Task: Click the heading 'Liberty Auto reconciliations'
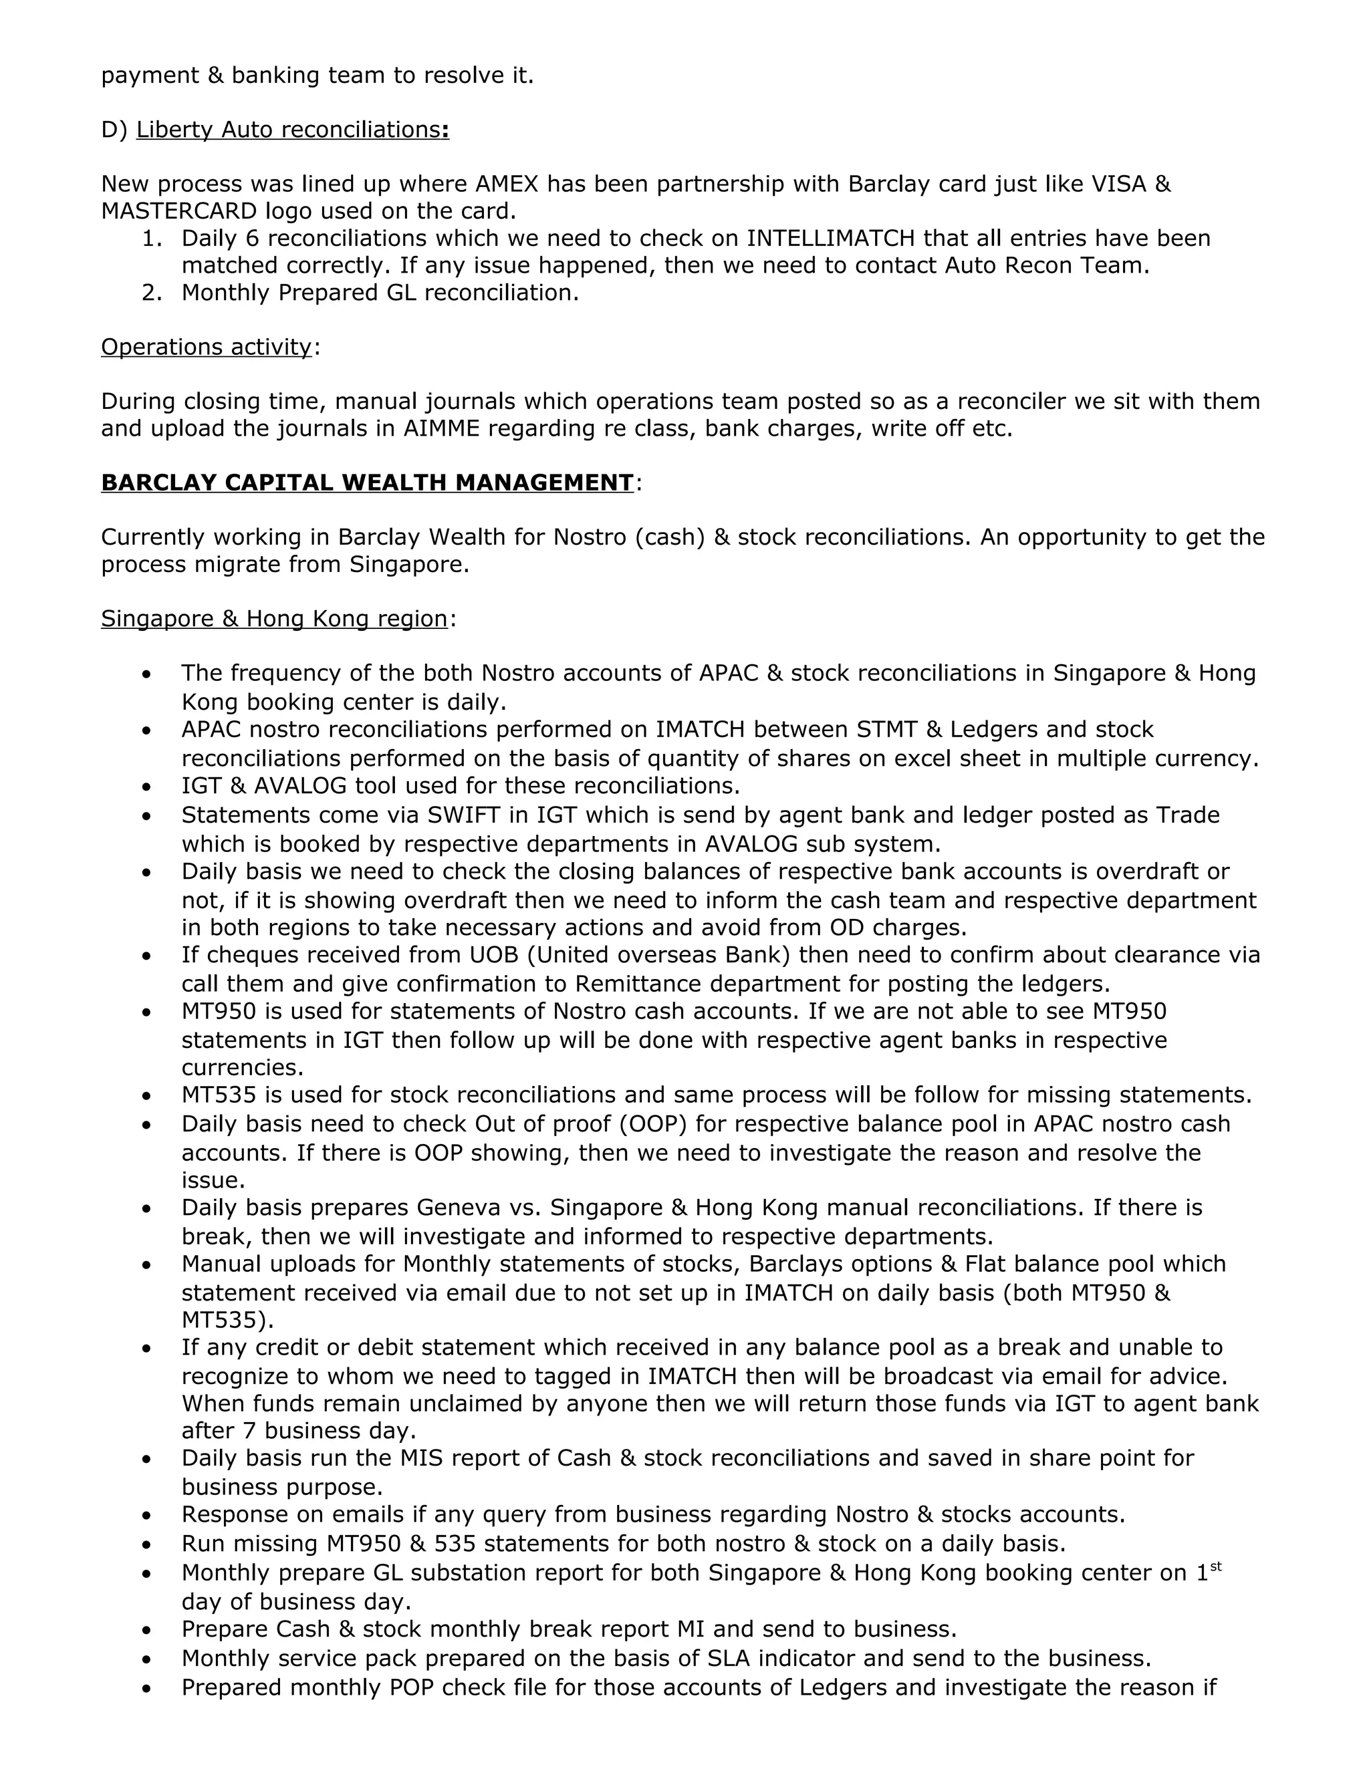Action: pyautogui.click(x=288, y=130)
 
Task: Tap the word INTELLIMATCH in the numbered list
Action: pyautogui.click(x=830, y=239)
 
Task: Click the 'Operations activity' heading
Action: pyautogui.click(x=206, y=347)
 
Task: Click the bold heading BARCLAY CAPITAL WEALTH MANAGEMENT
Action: pyautogui.click(x=366, y=483)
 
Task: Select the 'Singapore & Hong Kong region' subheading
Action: pyautogui.click(x=274, y=619)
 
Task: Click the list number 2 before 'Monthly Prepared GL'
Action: pyautogui.click(x=150, y=293)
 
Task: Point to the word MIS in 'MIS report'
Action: pyautogui.click(x=419, y=1458)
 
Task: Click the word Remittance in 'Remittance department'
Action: pyautogui.click(x=640, y=984)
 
